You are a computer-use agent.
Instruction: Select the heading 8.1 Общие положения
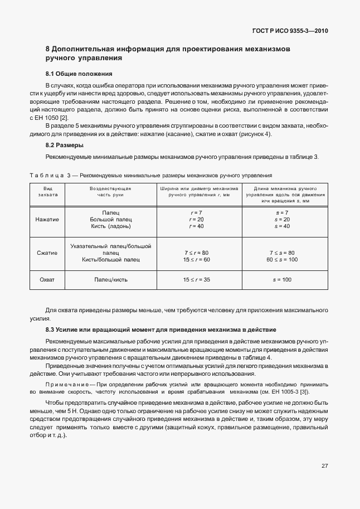pos(79,74)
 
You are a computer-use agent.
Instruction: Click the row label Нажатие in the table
pos(47,220)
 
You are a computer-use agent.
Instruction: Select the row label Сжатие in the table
pos(47,253)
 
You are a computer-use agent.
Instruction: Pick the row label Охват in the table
pos(47,279)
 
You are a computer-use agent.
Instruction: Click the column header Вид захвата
pos(47,192)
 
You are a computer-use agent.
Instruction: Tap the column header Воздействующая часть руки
pos(110,192)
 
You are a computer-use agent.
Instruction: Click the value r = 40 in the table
pos(196,226)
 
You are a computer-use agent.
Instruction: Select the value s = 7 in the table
pos(283,213)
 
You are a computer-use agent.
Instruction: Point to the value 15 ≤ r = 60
pos(196,260)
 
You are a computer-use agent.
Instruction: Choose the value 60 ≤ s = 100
pos(283,260)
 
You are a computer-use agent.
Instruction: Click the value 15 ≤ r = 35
pos(196,279)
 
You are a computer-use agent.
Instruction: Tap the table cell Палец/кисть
pos(111,279)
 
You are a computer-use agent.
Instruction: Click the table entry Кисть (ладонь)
pos(111,226)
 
